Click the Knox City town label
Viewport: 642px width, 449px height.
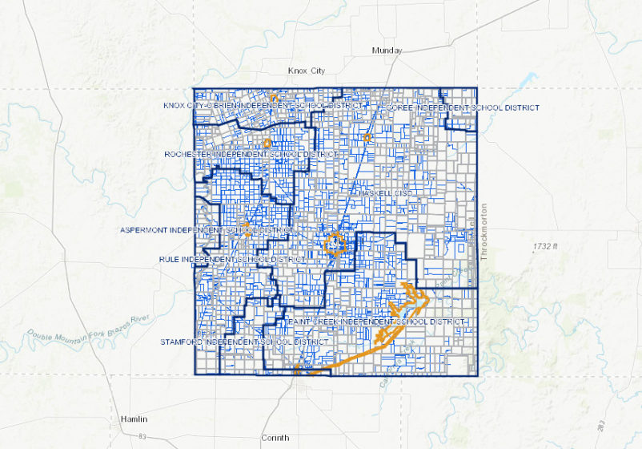(307, 71)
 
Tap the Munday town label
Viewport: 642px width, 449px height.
(386, 51)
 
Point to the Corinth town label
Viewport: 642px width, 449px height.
(275, 438)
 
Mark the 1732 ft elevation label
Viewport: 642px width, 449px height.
(548, 246)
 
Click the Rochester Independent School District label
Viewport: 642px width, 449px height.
(251, 154)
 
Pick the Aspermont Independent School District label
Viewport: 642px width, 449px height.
(207, 230)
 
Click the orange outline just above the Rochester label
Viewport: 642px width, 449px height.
(267, 144)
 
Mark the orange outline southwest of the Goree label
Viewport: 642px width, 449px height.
(367, 138)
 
